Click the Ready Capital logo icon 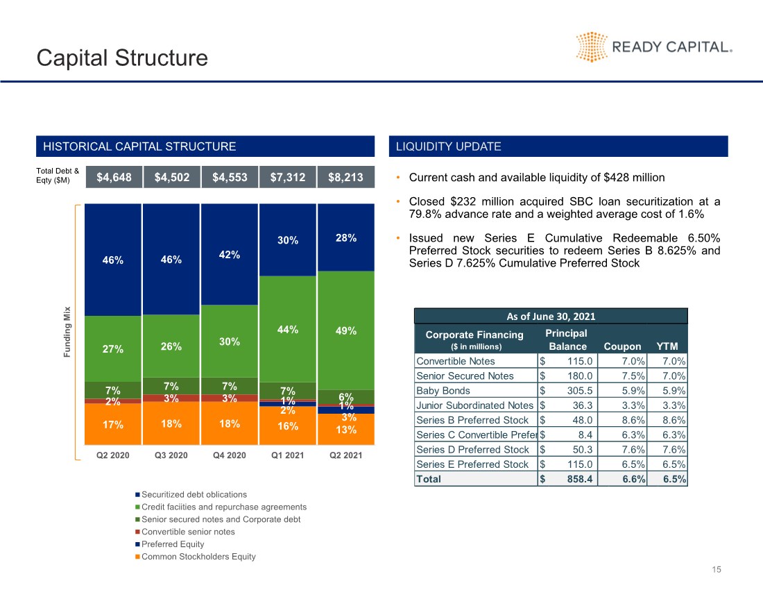tap(592, 47)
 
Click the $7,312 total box tap(288, 177)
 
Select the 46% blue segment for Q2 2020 tap(113, 260)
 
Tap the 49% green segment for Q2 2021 tap(346, 330)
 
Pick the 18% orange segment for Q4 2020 tap(229, 423)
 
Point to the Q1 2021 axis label tap(288, 455)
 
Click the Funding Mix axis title tap(67, 332)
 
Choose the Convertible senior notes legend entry tap(185, 532)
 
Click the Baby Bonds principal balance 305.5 tap(580, 390)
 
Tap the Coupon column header tap(622, 346)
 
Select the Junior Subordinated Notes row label tap(474, 405)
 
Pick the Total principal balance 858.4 tap(580, 479)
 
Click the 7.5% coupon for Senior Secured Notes tap(633, 376)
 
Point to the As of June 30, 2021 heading tap(551, 317)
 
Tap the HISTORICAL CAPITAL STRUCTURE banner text tap(139, 146)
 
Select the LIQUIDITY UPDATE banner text tap(448, 146)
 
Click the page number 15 tap(717, 570)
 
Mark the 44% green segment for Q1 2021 tap(288, 329)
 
